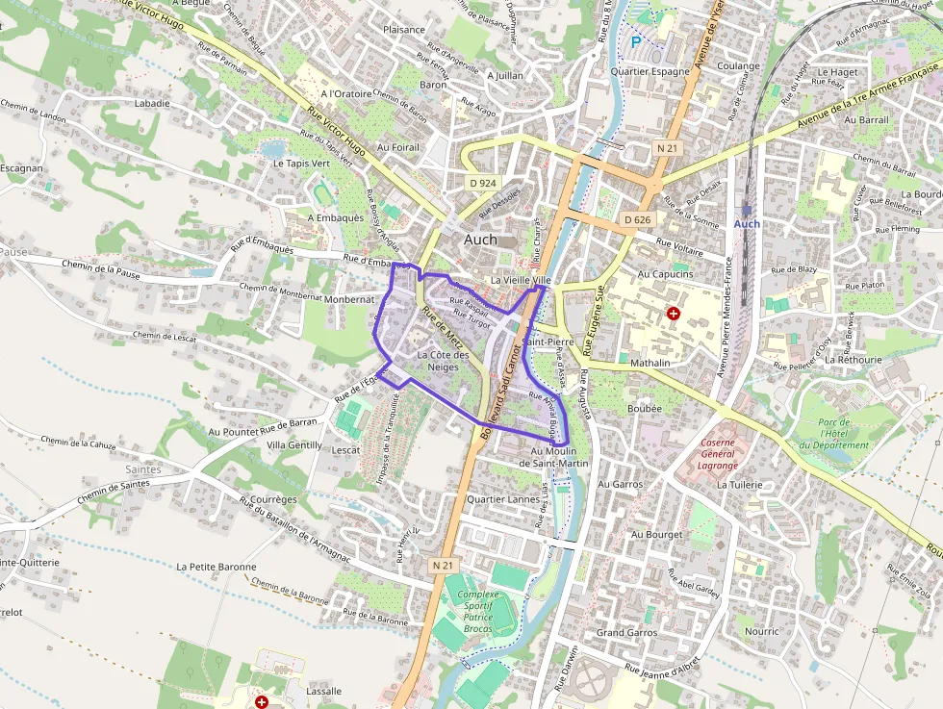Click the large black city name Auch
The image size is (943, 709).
(480, 240)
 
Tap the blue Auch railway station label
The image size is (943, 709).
(747, 223)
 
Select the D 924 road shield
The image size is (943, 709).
(483, 182)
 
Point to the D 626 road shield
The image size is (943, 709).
(637, 219)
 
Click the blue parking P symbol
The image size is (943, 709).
(634, 41)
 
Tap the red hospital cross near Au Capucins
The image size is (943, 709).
(673, 314)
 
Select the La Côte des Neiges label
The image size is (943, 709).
(444, 361)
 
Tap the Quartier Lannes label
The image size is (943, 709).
(502, 499)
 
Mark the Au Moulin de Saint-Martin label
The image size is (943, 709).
(552, 457)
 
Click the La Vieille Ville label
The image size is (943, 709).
(521, 280)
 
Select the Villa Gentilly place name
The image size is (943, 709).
(294, 445)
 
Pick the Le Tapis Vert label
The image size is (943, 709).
(301, 164)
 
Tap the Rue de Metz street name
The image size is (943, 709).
(443, 327)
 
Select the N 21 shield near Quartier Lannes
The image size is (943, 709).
(443, 566)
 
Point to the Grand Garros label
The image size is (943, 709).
(626, 632)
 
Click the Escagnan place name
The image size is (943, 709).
(21, 167)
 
